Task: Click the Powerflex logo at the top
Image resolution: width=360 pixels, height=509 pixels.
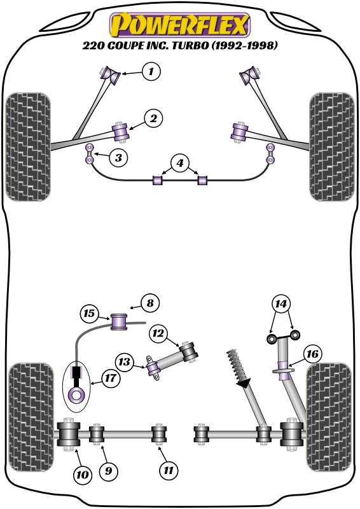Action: [179, 25]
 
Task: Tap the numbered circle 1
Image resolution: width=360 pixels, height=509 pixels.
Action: [151, 71]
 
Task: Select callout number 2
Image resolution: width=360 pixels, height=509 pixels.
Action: [153, 119]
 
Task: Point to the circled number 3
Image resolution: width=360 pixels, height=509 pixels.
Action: [118, 158]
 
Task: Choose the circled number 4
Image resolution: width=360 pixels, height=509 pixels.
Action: [180, 164]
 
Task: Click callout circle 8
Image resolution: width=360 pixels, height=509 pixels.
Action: [150, 303]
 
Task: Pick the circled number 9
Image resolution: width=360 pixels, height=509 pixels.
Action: [108, 471]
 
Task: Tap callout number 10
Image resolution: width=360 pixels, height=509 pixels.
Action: [83, 475]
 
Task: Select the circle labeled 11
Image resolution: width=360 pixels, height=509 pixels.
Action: [169, 470]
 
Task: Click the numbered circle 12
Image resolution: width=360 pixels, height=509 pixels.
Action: [158, 333]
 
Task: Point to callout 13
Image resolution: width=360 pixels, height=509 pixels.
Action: [124, 361]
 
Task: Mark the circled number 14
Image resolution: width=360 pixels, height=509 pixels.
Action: [281, 304]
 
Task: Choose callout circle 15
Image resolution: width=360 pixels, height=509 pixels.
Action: [89, 313]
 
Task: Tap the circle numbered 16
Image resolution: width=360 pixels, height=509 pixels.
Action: [312, 354]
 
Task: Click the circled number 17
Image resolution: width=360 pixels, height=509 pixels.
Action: [111, 378]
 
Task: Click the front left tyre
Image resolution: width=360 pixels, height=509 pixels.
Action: [28, 147]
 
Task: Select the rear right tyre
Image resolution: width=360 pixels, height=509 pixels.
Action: [329, 417]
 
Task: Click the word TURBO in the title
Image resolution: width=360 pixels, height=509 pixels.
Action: [190, 45]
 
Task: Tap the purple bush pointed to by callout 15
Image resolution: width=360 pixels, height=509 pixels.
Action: [119, 322]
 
